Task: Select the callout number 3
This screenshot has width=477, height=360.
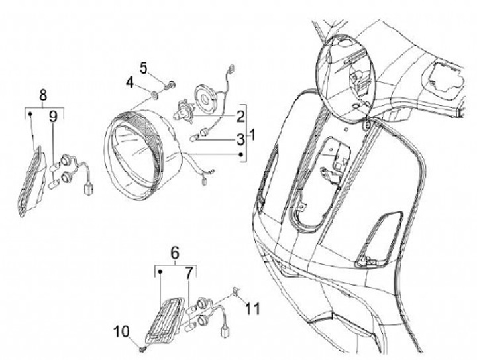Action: (x=238, y=138)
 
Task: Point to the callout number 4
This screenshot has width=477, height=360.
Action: (x=131, y=84)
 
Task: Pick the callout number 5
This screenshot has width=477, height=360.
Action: (x=142, y=67)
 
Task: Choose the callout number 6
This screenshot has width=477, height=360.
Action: (x=175, y=253)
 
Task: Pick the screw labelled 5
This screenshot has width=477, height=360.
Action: (x=170, y=85)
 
